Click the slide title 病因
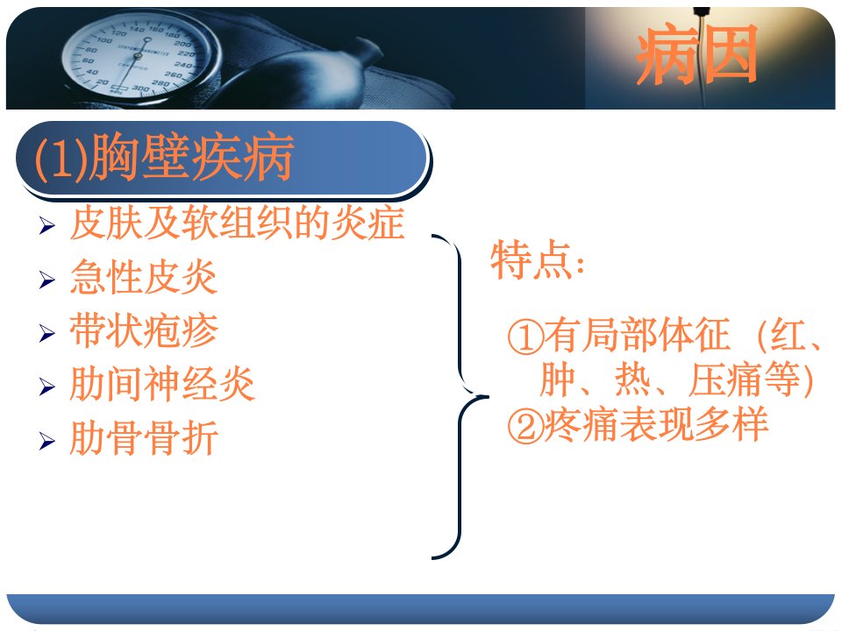pyautogui.click(x=696, y=54)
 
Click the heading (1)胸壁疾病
pyautogui.click(x=164, y=157)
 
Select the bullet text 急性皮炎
pyautogui.click(x=143, y=277)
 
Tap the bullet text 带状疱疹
pyautogui.click(x=143, y=330)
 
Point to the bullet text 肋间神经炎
pyautogui.click(x=161, y=384)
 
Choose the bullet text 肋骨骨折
pyautogui.click(x=143, y=438)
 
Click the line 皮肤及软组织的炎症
pyautogui.click(x=237, y=223)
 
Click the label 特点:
pyautogui.click(x=538, y=260)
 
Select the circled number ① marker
pyautogui.click(x=525, y=337)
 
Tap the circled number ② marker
pyautogui.click(x=525, y=427)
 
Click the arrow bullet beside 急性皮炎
pyautogui.click(x=47, y=280)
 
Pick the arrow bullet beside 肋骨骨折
pyautogui.click(x=47, y=441)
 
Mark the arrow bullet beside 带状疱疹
pyautogui.click(x=47, y=333)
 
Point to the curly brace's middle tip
pyautogui.click(x=488, y=397)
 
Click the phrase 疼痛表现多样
pyautogui.click(x=656, y=425)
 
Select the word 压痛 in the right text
pyautogui.click(x=726, y=380)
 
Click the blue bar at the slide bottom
pyautogui.click(x=421, y=608)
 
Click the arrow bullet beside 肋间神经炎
pyautogui.click(x=47, y=386)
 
